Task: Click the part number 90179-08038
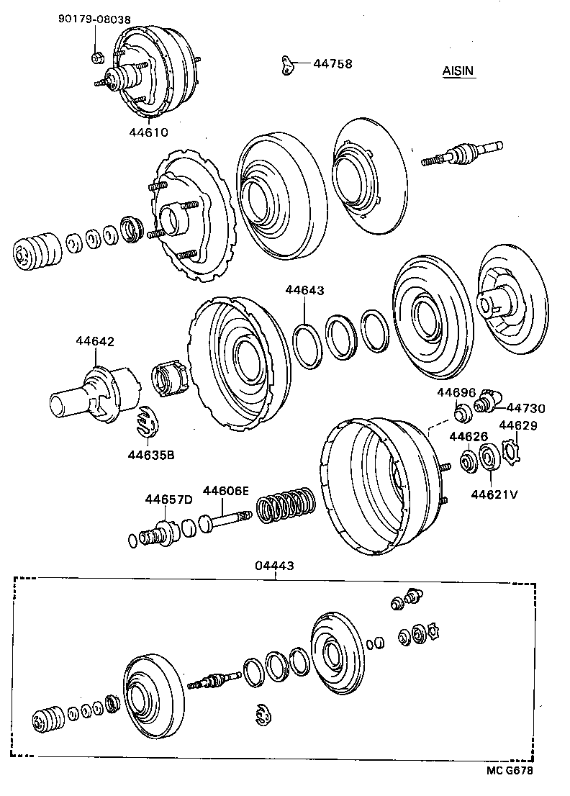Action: (x=94, y=20)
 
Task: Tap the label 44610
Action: (x=148, y=132)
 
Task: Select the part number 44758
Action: (x=332, y=63)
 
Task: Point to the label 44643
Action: (x=304, y=291)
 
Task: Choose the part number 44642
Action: (x=95, y=342)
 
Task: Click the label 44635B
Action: (x=152, y=454)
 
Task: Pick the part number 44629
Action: (x=518, y=426)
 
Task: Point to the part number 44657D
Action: (x=168, y=499)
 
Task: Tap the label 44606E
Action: (x=225, y=491)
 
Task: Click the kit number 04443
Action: (x=274, y=566)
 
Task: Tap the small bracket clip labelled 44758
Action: (x=288, y=65)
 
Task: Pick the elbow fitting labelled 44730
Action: (x=490, y=400)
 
